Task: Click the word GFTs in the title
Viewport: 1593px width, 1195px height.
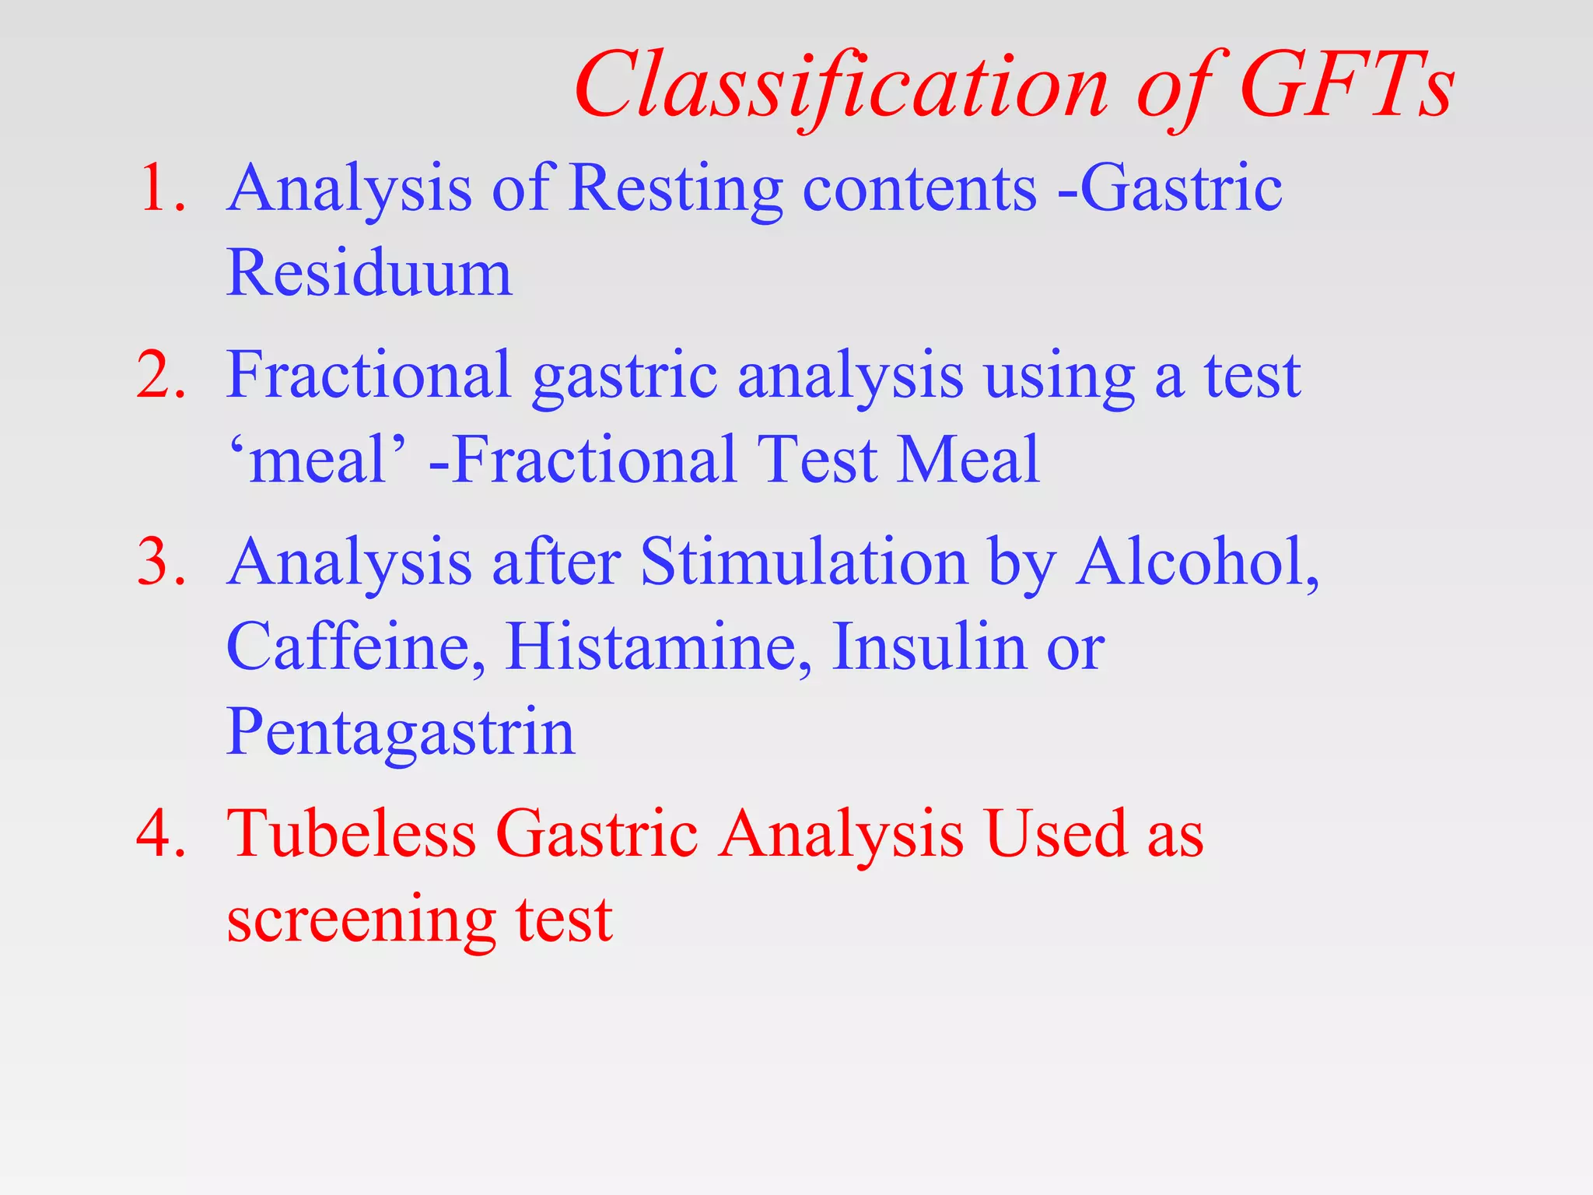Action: pos(1346,86)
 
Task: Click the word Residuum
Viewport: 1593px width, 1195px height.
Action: pos(369,274)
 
